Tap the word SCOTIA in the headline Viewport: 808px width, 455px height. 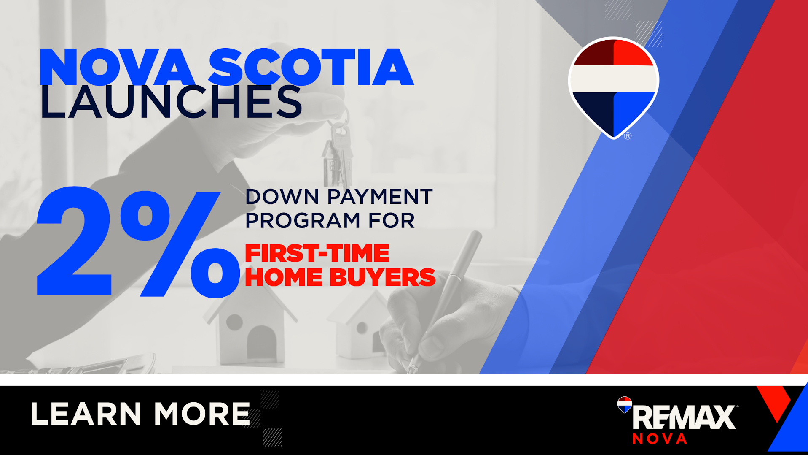pyautogui.click(x=311, y=68)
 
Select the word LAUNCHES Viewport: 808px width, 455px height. pyautogui.click(x=171, y=102)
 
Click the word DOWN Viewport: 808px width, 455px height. pyautogui.click(x=282, y=197)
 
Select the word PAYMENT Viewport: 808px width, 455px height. pyautogui.click(x=380, y=197)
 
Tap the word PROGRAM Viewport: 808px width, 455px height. pyautogui.click(x=303, y=220)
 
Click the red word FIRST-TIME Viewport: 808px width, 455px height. pyautogui.click(x=317, y=254)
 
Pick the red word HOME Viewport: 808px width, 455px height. pyautogui.click(x=284, y=277)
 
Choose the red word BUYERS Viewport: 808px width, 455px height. pyautogui.click(x=382, y=277)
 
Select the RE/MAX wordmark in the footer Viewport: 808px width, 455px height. pyautogui.click(x=685, y=417)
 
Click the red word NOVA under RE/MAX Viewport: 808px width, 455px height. pyautogui.click(x=660, y=439)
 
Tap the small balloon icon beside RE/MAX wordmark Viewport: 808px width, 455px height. pyautogui.click(x=625, y=404)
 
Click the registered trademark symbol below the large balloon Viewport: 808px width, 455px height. pyautogui.click(x=628, y=136)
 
